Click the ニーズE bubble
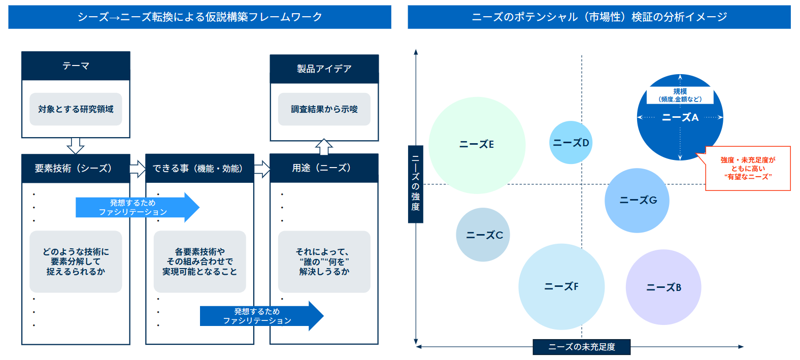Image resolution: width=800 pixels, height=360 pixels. click(x=477, y=145)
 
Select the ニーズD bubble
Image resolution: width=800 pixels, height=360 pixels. click(x=571, y=143)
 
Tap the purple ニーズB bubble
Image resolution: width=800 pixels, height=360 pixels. click(x=663, y=287)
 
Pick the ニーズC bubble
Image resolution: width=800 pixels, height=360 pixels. click(x=483, y=235)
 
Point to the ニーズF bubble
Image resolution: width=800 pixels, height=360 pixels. click(x=561, y=287)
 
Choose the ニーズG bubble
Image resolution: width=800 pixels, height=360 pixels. click(x=637, y=201)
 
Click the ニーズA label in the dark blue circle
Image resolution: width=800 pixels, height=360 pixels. click(x=680, y=118)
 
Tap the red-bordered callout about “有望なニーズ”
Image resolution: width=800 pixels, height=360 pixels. click(x=748, y=169)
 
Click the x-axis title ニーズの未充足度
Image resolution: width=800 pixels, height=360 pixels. click(x=581, y=347)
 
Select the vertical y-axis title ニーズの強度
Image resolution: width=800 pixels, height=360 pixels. click(x=415, y=184)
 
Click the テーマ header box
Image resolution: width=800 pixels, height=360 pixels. click(x=76, y=66)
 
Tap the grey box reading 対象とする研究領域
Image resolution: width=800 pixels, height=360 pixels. click(x=76, y=109)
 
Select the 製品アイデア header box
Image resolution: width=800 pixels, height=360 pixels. click(x=324, y=69)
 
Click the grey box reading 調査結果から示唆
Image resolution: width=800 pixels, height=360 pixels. click(x=324, y=109)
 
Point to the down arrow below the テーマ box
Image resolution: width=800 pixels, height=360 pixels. click(x=76, y=145)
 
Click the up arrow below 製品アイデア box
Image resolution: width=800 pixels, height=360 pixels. click(x=324, y=147)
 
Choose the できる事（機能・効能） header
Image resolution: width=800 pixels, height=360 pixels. click(x=199, y=169)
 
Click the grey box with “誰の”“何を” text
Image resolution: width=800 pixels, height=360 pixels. click(x=324, y=261)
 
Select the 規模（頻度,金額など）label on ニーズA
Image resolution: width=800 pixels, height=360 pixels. click(x=680, y=95)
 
